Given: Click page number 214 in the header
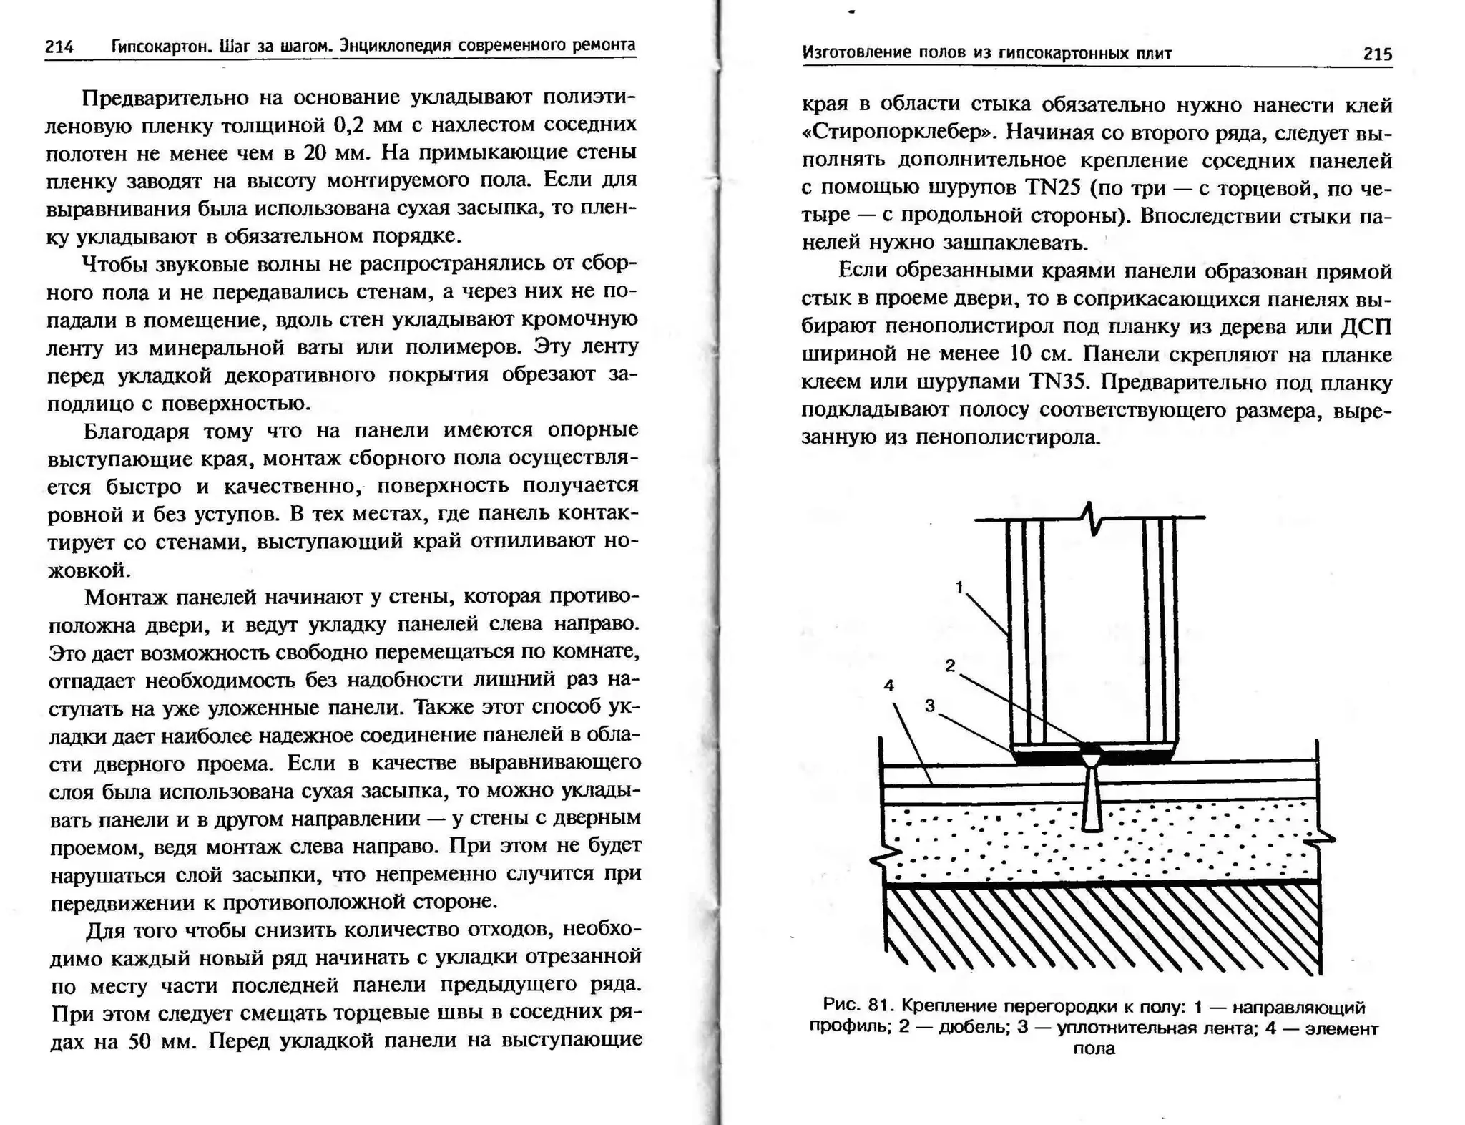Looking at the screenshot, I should (x=59, y=47).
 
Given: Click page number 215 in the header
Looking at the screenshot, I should (x=1377, y=54).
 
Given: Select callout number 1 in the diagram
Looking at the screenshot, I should (x=960, y=588).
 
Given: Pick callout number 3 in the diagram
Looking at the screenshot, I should (x=930, y=706).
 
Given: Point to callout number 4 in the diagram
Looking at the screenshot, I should (x=889, y=686).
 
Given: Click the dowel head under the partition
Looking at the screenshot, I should (x=1091, y=753).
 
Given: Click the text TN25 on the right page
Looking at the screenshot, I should (x=1051, y=187).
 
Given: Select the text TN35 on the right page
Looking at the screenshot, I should (x=1059, y=382).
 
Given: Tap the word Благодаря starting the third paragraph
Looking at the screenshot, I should (x=136, y=432).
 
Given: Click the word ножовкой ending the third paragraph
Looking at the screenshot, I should (x=89, y=570).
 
